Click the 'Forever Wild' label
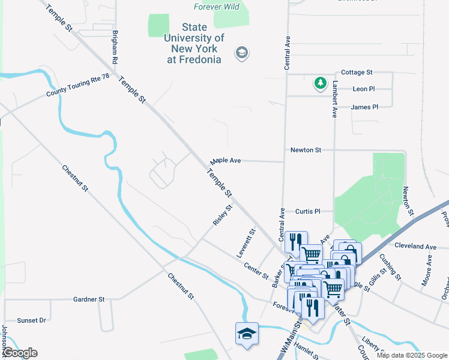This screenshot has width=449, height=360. tap(217, 7)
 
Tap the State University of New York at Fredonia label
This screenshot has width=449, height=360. tap(194, 43)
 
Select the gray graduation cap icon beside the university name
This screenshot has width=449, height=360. tap(242, 53)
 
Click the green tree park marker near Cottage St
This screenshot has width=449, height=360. tap(321, 83)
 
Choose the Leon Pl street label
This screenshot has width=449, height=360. tap(364, 89)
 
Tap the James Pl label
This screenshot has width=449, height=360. tap(364, 107)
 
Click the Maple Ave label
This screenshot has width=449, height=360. tap(226, 161)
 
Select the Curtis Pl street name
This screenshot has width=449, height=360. tap(309, 211)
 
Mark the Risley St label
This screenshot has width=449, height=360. tap(222, 216)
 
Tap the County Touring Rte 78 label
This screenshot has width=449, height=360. tap(78, 86)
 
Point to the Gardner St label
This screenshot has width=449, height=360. tap(89, 299)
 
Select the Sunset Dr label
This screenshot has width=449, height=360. tap(31, 320)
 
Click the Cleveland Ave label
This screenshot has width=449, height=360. tap(415, 246)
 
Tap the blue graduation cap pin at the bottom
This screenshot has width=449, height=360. tap(247, 334)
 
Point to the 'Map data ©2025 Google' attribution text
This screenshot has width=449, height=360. tap(411, 355)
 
